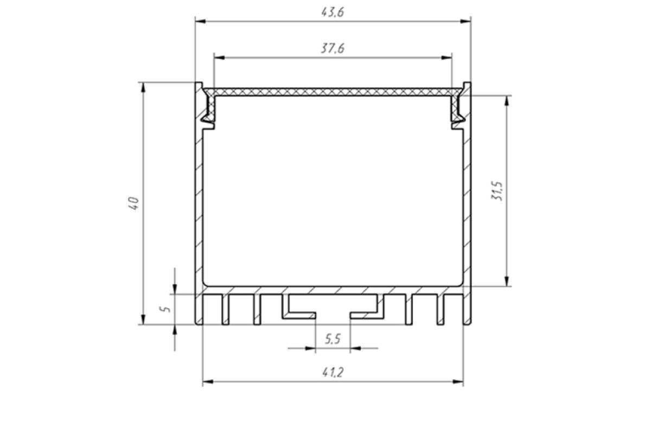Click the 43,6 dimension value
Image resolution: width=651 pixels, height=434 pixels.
pyautogui.click(x=333, y=12)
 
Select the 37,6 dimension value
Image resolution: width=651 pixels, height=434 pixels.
pyautogui.click(x=333, y=48)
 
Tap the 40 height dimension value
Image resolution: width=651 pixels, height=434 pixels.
pyautogui.click(x=133, y=203)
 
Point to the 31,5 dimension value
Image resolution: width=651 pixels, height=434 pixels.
pyautogui.click(x=497, y=191)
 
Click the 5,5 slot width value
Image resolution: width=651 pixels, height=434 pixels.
pyautogui.click(x=333, y=339)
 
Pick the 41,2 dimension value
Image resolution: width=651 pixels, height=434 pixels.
pyautogui.click(x=333, y=372)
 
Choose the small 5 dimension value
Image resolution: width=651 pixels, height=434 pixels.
pyautogui.click(x=165, y=309)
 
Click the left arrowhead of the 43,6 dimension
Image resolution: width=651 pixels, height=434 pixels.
pyautogui.click(x=201, y=21)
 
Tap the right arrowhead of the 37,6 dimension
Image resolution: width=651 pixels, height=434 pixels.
pyautogui.click(x=446, y=58)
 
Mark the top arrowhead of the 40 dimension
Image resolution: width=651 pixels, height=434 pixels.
pyautogui.click(x=143, y=87)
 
